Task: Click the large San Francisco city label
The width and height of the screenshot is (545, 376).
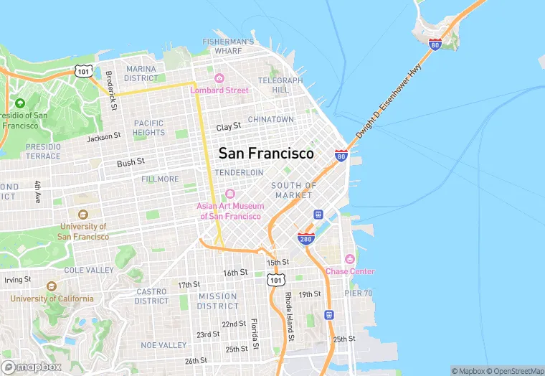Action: coord(266,154)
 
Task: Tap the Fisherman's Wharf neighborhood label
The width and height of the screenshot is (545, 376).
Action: coord(229,47)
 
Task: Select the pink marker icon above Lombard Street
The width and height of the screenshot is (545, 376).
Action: coord(219,77)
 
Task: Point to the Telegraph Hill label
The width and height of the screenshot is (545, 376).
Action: coord(276,85)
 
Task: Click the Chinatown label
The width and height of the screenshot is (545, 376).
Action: coord(271,119)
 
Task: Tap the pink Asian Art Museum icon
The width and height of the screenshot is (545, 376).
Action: coord(230,194)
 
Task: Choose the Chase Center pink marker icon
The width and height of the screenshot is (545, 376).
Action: coord(350,258)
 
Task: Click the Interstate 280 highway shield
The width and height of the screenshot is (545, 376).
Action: coord(306,238)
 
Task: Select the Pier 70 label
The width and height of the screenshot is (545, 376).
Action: coord(358,293)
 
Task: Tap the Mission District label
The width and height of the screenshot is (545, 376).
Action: coord(217,301)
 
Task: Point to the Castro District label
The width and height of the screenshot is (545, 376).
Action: coord(151,296)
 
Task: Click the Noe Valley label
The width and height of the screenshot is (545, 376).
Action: coord(163,345)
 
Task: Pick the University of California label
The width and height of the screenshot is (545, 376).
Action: coord(52,299)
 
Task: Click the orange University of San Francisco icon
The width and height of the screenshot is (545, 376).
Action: coord(82,214)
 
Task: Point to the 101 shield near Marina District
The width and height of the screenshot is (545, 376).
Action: coord(82,70)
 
